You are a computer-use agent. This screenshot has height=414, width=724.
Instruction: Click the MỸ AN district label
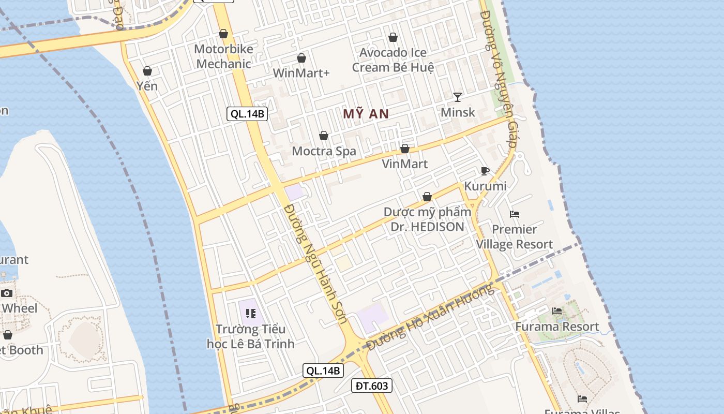tap(366, 114)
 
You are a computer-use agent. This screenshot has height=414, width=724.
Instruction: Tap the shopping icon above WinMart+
tap(301, 58)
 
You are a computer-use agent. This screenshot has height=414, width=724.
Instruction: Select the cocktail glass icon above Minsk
tap(458, 97)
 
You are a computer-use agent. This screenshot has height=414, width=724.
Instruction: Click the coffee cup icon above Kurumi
tap(485, 171)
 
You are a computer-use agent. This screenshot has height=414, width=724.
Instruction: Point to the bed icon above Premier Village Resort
tap(515, 214)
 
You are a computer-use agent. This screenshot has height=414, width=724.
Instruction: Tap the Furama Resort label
tap(557, 327)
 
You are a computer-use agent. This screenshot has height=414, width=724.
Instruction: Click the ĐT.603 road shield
tap(372, 386)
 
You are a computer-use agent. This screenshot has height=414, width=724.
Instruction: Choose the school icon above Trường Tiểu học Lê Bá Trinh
tap(251, 314)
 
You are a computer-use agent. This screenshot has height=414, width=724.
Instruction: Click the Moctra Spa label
tap(324, 151)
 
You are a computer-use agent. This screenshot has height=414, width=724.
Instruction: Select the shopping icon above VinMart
tap(405, 149)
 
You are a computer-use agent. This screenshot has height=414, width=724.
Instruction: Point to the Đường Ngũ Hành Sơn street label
tap(316, 264)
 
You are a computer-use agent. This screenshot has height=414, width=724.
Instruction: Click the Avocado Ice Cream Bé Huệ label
tap(393, 60)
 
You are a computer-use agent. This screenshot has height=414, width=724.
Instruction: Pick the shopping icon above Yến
tap(147, 71)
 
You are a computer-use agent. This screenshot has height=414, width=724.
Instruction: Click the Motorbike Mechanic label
tap(224, 56)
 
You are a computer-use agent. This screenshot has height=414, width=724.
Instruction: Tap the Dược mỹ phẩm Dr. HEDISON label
tap(427, 219)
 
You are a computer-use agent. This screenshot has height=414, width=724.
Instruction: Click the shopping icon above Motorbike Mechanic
tap(223, 34)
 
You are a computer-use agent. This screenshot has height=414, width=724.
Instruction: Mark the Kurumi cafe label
tap(485, 186)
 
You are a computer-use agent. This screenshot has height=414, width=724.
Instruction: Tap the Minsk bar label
tap(458, 112)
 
